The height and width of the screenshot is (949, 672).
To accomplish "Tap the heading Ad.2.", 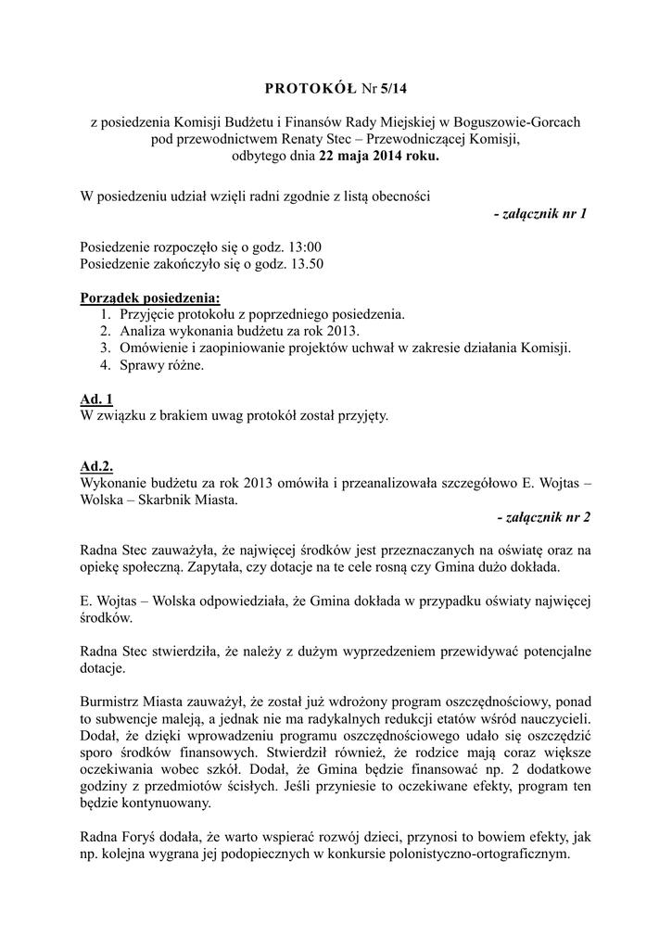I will (97, 467).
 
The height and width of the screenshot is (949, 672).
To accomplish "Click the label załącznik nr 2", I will (543, 517).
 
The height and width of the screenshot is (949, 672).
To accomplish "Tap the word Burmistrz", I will (113, 702).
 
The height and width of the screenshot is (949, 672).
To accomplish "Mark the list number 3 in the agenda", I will (106, 348).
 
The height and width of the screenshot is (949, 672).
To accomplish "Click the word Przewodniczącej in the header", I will (414, 139).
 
